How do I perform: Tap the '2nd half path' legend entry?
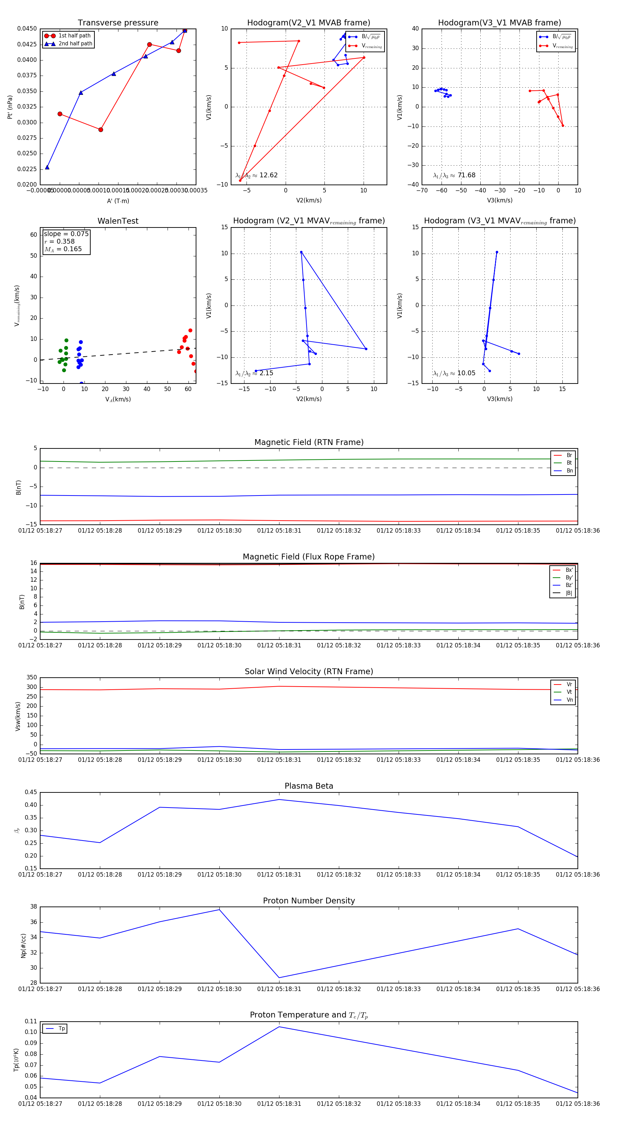[75, 44]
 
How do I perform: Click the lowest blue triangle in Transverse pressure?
[47, 167]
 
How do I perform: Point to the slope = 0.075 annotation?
[66, 234]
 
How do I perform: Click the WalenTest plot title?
[118, 221]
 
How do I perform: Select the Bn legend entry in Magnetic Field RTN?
[569, 470]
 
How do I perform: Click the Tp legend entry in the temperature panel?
[61, 1029]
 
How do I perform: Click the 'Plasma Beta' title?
[309, 786]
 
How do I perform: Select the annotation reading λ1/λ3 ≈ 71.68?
[454, 175]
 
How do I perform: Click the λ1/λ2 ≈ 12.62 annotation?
[256, 175]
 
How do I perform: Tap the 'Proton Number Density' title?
[309, 900]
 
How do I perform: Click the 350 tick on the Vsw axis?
[32, 678]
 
